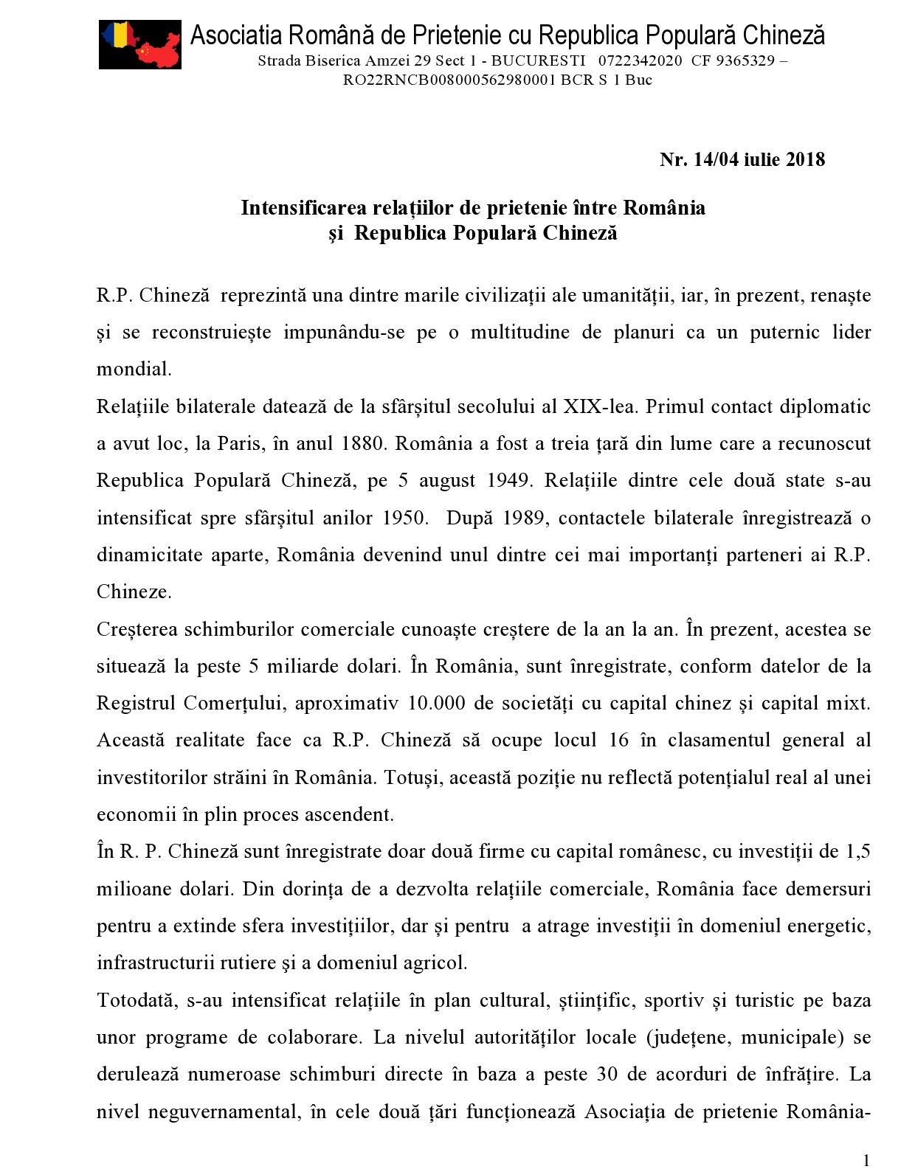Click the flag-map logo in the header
point(140,44)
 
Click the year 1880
point(364,443)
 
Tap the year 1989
point(524,518)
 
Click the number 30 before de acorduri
point(607,1074)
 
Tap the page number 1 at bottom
point(866,1160)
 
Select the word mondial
point(134,369)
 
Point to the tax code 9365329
point(746,61)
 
